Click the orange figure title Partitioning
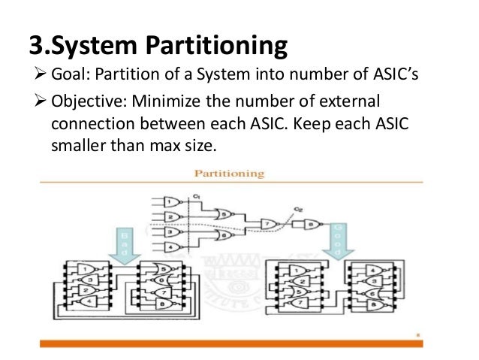coord(230,174)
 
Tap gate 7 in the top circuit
coord(265,223)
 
